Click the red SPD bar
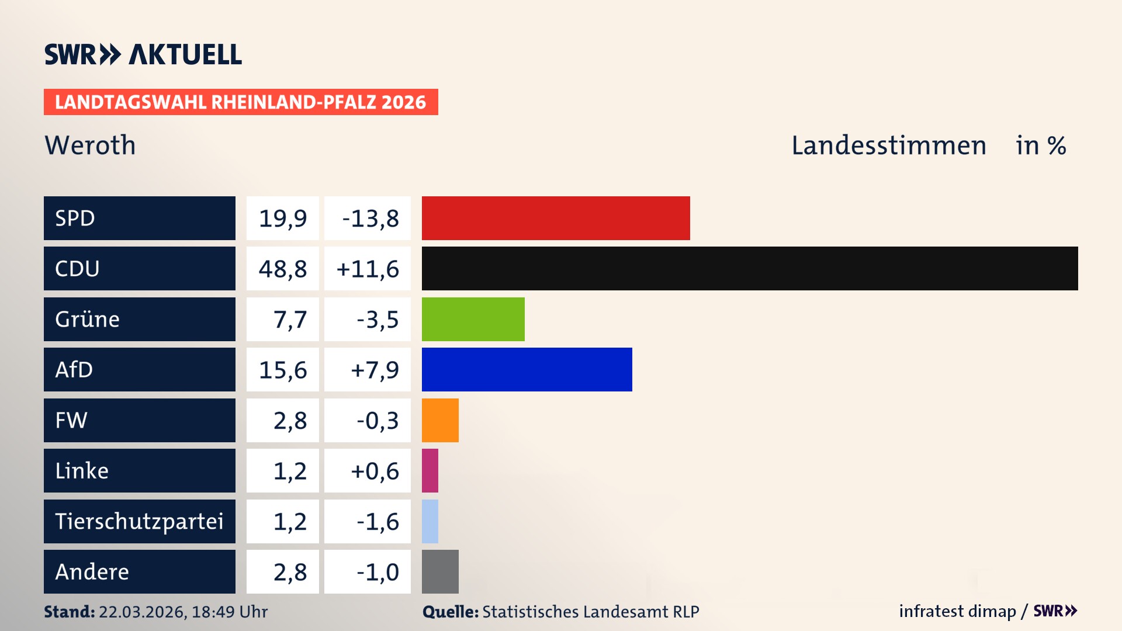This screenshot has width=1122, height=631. [x=555, y=218]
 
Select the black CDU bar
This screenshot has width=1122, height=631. [x=749, y=269]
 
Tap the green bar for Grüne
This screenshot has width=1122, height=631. [x=473, y=319]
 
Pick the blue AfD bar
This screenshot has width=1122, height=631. [x=527, y=369]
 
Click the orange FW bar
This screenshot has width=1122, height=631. [x=440, y=420]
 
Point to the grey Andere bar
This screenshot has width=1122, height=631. [x=440, y=571]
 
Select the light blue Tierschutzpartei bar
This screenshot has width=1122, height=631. [x=430, y=521]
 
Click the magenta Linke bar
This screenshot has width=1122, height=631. [x=430, y=470]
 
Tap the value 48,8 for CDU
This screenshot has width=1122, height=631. [x=283, y=269]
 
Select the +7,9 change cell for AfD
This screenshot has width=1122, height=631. [x=368, y=369]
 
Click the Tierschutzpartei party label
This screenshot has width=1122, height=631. [x=139, y=521]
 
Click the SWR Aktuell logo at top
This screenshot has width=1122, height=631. [x=143, y=54]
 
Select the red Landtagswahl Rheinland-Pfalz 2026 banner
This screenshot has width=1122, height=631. [x=240, y=102]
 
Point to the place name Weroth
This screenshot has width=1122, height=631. [x=90, y=145]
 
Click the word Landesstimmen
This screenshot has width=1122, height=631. [x=888, y=145]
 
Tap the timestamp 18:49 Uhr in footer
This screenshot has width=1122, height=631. [x=229, y=612]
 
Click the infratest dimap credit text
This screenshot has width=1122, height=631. [x=957, y=611]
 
